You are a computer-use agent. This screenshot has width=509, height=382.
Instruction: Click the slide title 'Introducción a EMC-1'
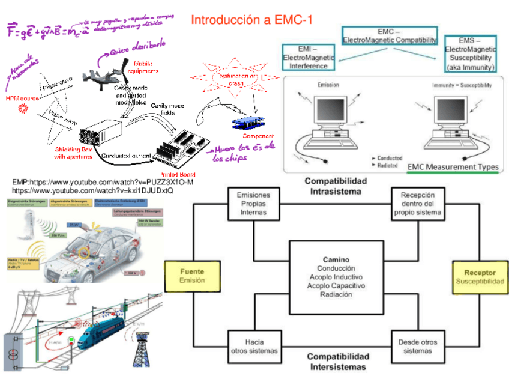(x=251, y=20)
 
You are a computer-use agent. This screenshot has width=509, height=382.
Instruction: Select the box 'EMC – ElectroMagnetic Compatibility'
(x=390, y=35)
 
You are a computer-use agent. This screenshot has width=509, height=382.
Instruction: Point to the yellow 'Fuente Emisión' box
(x=192, y=276)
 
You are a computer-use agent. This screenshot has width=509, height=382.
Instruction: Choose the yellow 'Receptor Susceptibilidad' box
(x=480, y=277)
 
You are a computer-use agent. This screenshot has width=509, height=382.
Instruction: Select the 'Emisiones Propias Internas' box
(x=253, y=204)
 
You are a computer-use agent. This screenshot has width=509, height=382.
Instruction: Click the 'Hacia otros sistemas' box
(x=253, y=347)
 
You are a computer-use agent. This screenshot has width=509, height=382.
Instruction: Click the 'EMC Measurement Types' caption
(x=452, y=167)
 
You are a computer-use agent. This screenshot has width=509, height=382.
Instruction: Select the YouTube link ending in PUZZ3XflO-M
(x=103, y=182)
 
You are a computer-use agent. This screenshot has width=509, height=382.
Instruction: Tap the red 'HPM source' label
(x=22, y=97)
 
